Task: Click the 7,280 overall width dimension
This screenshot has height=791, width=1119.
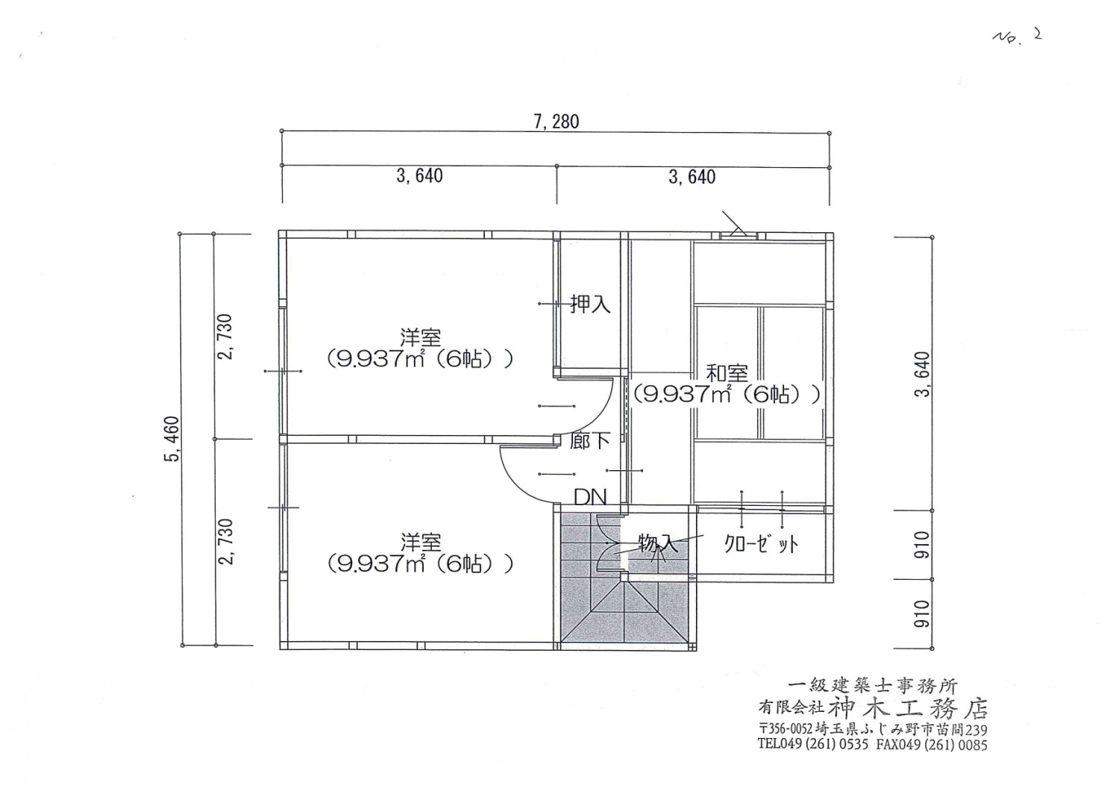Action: pos(556,122)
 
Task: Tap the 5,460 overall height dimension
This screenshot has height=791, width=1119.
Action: pos(172,440)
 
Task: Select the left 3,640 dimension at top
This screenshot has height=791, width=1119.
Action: pos(419,176)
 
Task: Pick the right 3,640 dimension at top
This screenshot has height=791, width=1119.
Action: pos(692,177)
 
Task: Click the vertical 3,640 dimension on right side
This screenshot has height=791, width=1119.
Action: pos(922,374)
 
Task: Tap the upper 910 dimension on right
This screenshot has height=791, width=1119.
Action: pos(922,545)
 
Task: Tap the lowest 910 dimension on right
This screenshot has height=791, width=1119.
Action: pos(922,613)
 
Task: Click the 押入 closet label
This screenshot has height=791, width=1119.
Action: pos(590,304)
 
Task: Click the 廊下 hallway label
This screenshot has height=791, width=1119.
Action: pos(589,441)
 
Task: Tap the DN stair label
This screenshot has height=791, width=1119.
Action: pos(589,497)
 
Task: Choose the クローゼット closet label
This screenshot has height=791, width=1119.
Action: pos(761,544)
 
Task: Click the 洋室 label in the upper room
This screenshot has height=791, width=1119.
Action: pos(420,337)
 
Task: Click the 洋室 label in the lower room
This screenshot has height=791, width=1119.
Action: pos(420,542)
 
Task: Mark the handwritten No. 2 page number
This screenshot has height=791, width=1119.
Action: pos(1016,37)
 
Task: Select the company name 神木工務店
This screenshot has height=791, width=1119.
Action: pos(909,707)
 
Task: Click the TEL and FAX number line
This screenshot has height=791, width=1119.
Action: pos(872,744)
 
